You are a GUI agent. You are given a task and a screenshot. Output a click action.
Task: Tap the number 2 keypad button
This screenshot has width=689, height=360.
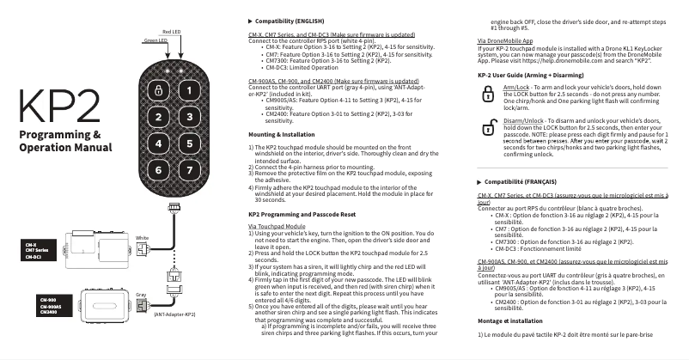click(x=158, y=117)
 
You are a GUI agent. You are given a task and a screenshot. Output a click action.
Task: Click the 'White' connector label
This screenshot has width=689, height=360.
click(x=143, y=237)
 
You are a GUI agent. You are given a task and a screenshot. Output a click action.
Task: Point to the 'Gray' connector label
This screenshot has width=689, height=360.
click(x=142, y=295)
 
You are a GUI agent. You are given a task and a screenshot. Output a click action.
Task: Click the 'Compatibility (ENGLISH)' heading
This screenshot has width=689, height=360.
click(x=287, y=20)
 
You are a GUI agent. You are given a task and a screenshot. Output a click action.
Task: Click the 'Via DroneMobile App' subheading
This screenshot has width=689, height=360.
click(x=505, y=40)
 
